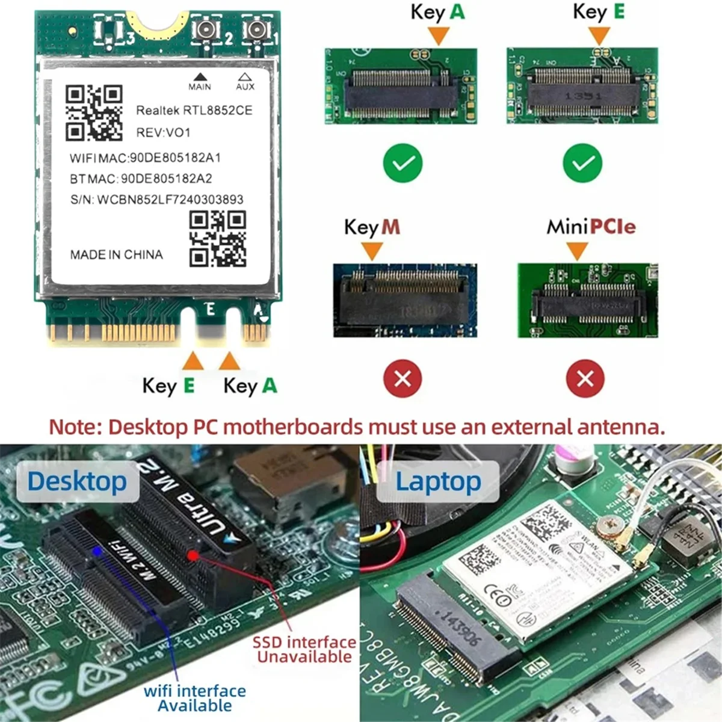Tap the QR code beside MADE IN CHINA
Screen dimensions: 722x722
click(218, 239)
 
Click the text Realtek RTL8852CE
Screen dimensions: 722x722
click(194, 110)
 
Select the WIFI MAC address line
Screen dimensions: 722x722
click(146, 158)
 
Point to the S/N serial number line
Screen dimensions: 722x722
click(156, 199)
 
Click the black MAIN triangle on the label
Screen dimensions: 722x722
click(200, 76)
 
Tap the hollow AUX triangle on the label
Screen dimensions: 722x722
click(244, 76)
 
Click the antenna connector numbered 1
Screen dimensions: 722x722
click(256, 30)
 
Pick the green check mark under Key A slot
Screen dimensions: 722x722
click(403, 162)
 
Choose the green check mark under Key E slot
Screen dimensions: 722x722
click(582, 162)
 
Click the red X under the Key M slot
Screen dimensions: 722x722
click(403, 378)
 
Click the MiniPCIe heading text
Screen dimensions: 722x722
click(591, 227)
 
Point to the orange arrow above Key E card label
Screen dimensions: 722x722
click(193, 361)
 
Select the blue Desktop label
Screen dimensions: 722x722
click(77, 481)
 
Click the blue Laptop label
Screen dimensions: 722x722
click(438, 481)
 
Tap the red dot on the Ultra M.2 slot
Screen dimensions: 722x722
click(193, 555)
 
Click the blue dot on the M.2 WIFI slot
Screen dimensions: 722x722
click(97, 551)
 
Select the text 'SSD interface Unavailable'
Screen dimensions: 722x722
click(304, 649)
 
